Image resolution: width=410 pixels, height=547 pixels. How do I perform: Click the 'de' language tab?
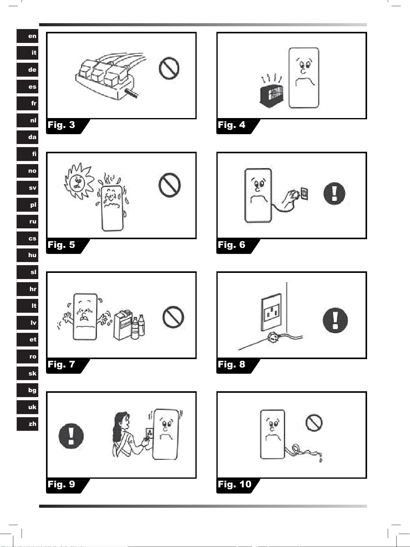[28, 70]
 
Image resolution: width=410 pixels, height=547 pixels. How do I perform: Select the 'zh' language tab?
[28, 424]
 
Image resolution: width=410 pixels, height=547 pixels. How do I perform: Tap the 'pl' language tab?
[28, 205]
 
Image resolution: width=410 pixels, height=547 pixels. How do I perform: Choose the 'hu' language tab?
[28, 255]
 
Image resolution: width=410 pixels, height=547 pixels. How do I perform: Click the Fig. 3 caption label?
[62, 125]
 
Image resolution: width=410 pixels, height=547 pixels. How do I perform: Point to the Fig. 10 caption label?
[235, 484]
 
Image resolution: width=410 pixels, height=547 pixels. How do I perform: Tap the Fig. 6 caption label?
[232, 245]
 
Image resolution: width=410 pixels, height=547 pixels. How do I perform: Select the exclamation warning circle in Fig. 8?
[335, 320]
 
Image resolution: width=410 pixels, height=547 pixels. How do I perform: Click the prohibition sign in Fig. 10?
[314, 423]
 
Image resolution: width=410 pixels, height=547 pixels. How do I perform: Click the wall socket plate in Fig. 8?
[271, 312]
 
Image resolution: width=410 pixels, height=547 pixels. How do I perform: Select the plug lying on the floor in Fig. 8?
[273, 337]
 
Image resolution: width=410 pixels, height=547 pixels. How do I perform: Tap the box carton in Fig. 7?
[123, 326]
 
